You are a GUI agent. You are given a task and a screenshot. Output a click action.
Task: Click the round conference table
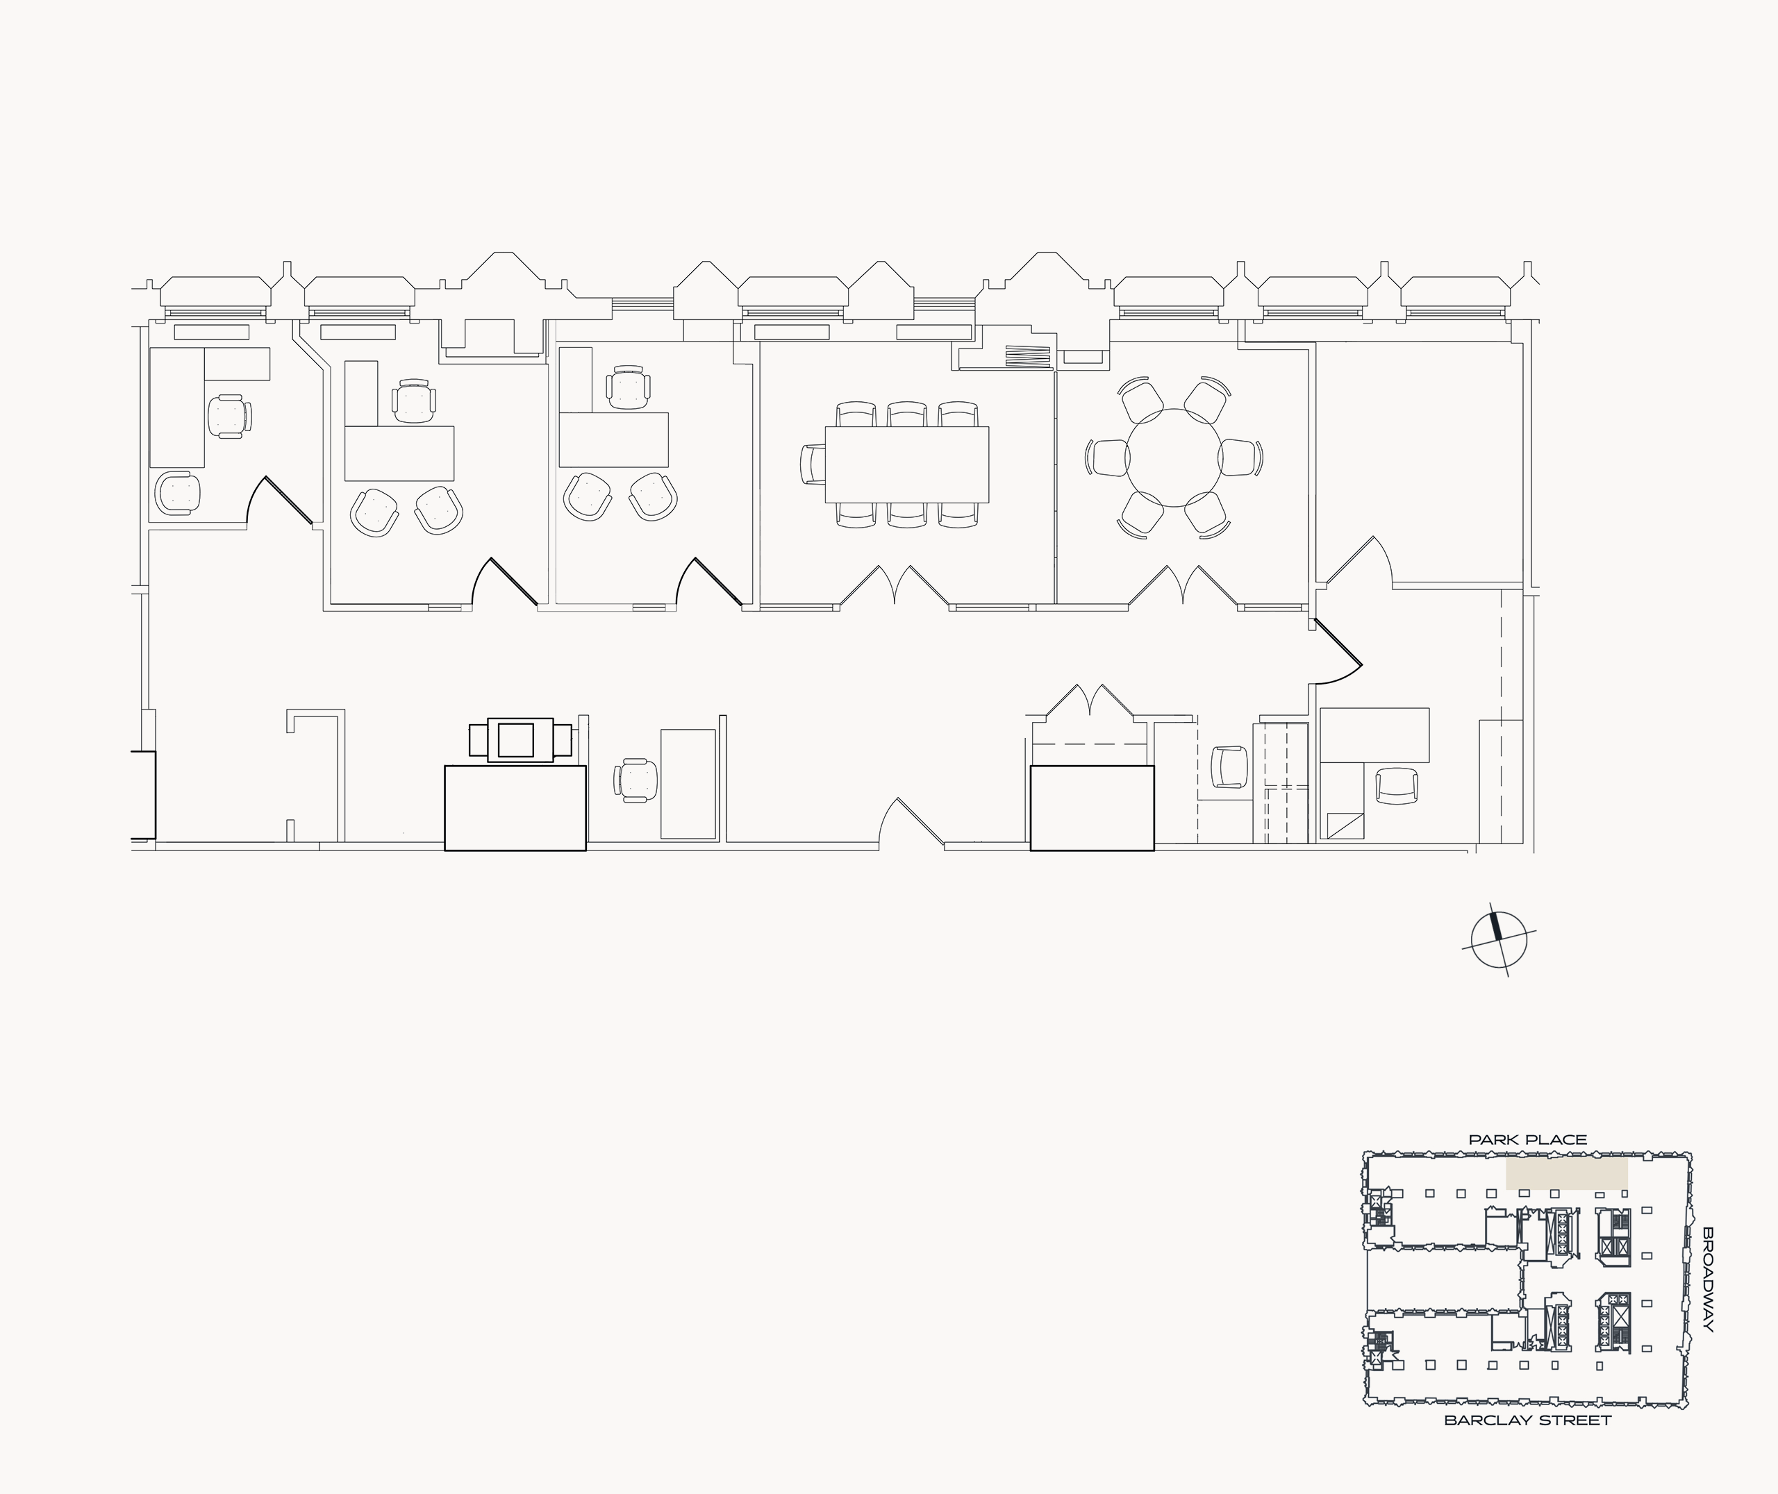coord(1174,458)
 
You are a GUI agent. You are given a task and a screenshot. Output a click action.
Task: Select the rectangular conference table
coord(907,464)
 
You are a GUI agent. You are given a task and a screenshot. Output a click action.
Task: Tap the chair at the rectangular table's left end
coord(813,464)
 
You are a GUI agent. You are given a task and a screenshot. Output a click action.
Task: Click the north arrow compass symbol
coord(1499,941)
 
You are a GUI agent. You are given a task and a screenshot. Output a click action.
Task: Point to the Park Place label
coord(1527,1140)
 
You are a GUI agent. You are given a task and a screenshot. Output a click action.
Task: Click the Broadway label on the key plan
coord(1708,1291)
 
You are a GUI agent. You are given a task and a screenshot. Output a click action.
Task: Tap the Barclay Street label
coord(1527,1420)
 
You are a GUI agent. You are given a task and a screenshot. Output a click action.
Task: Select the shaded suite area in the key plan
coord(1566,1175)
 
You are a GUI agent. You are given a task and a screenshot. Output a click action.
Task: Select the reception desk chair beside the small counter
coord(637,779)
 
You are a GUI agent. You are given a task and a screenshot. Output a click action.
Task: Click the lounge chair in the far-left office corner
coord(178,492)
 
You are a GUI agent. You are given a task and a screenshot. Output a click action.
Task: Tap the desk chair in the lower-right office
coord(1395,785)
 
